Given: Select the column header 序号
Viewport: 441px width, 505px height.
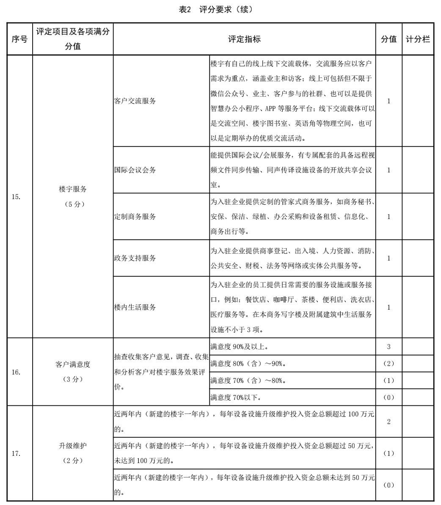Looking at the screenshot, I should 19,39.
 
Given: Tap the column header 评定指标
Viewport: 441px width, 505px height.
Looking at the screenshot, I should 244,39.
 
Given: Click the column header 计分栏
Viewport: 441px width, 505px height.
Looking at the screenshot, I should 418,39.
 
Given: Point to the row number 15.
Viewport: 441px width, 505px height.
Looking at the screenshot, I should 17,197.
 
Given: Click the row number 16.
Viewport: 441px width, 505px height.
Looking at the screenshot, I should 17,372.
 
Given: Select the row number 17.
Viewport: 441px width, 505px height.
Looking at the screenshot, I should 17,453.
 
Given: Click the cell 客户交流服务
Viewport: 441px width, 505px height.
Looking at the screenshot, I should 135,101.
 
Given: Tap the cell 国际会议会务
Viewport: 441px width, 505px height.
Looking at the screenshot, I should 135,170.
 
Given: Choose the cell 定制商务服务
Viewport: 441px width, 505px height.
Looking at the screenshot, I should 135,216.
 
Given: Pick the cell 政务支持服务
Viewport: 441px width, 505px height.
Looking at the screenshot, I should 135,258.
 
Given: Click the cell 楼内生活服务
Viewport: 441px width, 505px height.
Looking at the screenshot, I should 135,307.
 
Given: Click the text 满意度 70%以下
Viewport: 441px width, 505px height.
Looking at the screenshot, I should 235,397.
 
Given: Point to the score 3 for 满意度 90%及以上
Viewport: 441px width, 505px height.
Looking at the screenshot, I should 389,347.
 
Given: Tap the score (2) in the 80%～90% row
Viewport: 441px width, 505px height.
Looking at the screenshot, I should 389,363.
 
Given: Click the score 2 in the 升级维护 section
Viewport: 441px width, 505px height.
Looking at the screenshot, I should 389,422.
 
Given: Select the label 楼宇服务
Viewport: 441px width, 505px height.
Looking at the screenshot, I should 73,189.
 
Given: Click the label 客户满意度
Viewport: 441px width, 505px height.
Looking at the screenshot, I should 73,364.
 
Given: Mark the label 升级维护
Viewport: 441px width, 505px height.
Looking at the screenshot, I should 73,446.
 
